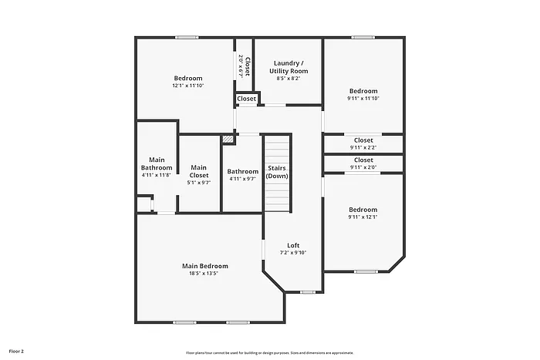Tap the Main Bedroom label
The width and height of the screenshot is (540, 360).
point(204,266)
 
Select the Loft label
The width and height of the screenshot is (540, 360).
point(293,246)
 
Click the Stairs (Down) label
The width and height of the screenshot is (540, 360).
point(277,172)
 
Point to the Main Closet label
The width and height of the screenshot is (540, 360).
point(198,171)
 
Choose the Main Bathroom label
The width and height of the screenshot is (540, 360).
point(157,163)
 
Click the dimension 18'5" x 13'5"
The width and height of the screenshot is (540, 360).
point(204,274)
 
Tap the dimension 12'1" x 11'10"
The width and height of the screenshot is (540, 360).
point(187,86)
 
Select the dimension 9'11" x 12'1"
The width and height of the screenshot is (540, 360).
point(363,217)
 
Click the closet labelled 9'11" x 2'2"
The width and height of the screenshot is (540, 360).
point(363,143)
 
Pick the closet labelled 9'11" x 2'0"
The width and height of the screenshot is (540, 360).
point(363,163)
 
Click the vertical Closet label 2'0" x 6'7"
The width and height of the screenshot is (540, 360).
point(243,67)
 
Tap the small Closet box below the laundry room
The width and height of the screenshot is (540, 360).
point(247,99)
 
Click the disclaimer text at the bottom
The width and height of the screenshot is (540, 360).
point(269,352)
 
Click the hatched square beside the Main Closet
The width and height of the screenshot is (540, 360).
point(228,140)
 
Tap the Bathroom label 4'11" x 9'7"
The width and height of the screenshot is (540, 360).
point(242,175)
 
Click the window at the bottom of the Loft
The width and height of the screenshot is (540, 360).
point(307,291)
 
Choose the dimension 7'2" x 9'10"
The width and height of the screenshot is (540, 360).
point(293,253)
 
